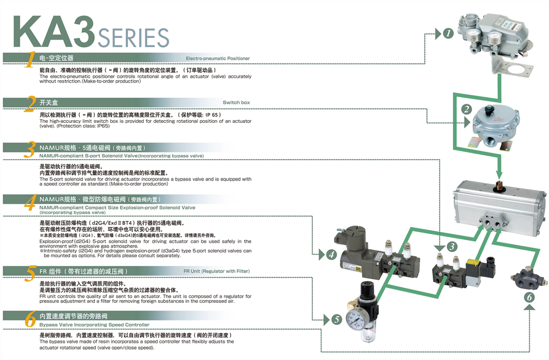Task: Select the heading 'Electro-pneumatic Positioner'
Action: (217, 58)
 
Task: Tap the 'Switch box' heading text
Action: (236, 103)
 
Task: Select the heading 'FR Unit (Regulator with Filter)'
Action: (216, 271)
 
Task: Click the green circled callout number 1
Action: (449, 33)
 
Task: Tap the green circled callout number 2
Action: (466, 109)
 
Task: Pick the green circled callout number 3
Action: (451, 247)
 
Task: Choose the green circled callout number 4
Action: (331, 254)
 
